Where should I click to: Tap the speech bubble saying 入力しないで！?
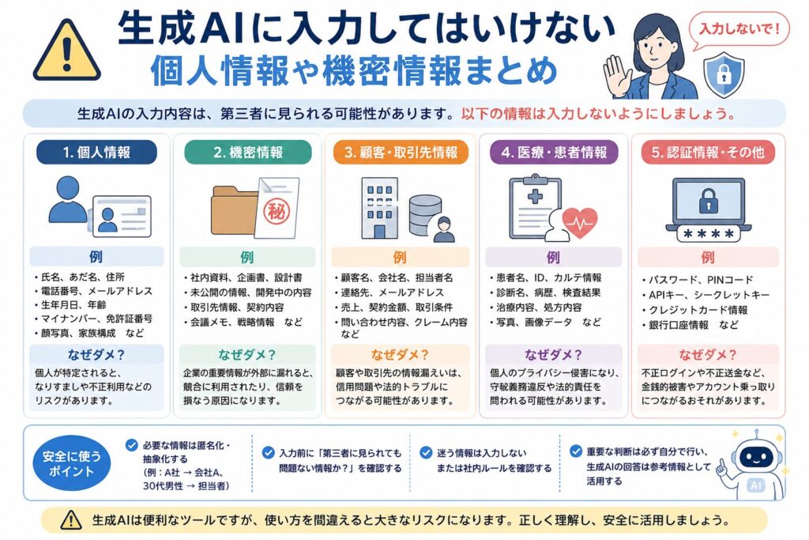[x=739, y=31]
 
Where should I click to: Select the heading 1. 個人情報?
[x=96, y=153]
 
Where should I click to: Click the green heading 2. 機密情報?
[x=248, y=153]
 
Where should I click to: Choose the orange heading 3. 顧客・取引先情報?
[x=401, y=153]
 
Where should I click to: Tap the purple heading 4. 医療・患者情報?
[x=554, y=153]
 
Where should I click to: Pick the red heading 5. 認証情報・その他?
[x=708, y=153]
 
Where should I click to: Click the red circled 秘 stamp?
[x=277, y=211]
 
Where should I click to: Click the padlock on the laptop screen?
[x=709, y=200]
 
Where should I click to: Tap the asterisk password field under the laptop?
[x=708, y=234]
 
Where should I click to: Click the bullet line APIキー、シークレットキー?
[x=706, y=295]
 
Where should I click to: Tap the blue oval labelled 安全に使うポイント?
[x=72, y=463]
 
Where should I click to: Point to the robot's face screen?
[x=756, y=458]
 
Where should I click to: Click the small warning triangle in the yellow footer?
[x=70, y=520]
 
